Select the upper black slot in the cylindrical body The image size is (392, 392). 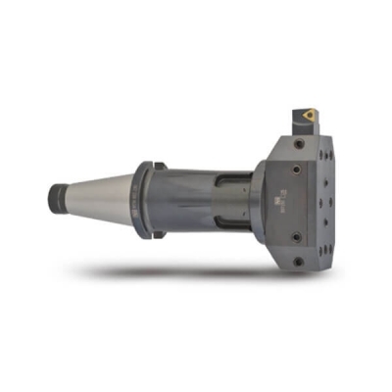tap(224, 180)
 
